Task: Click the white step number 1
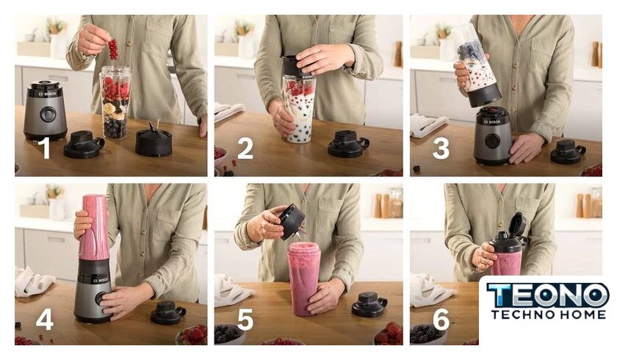tap(46, 148)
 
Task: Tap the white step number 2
tap(245, 148)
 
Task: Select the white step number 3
tap(441, 148)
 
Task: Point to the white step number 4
tap(45, 318)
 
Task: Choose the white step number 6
tap(441, 319)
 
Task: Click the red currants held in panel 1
tap(113, 48)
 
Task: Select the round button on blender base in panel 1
tap(48, 114)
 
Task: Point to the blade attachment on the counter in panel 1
tap(154, 140)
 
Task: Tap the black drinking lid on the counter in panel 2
tap(348, 144)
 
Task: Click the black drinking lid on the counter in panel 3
tap(568, 152)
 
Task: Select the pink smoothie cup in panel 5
tap(304, 278)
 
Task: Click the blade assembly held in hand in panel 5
tap(293, 222)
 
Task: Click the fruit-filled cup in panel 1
tap(115, 102)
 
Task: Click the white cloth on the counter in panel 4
tap(34, 281)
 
